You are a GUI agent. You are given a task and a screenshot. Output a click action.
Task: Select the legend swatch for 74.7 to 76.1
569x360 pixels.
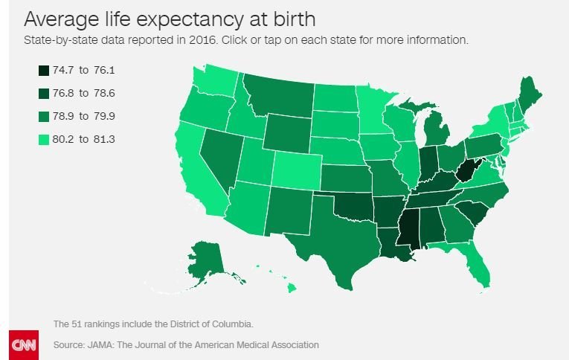coord(44,71)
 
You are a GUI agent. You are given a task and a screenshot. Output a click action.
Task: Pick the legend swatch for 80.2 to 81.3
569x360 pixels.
coord(44,139)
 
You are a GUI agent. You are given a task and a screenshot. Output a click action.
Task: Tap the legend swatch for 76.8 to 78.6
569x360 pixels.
coord(44,94)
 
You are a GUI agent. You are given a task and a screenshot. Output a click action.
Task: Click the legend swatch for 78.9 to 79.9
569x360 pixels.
coord(44,117)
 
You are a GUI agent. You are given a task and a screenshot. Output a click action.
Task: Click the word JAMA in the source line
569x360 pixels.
coord(103,345)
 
